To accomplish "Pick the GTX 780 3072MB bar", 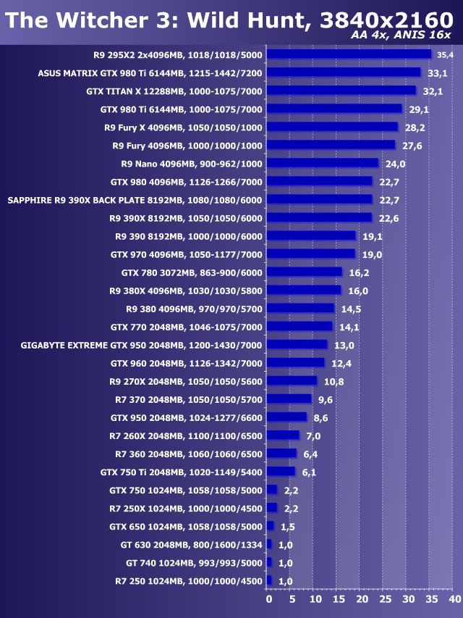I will pos(304,272).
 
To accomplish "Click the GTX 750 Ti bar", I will pos(281,472).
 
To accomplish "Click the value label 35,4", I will pos(443,55).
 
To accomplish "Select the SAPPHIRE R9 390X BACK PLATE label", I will pos(135,200).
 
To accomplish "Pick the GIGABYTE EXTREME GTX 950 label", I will pos(142,345).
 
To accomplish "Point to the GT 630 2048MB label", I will pos(192,544).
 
